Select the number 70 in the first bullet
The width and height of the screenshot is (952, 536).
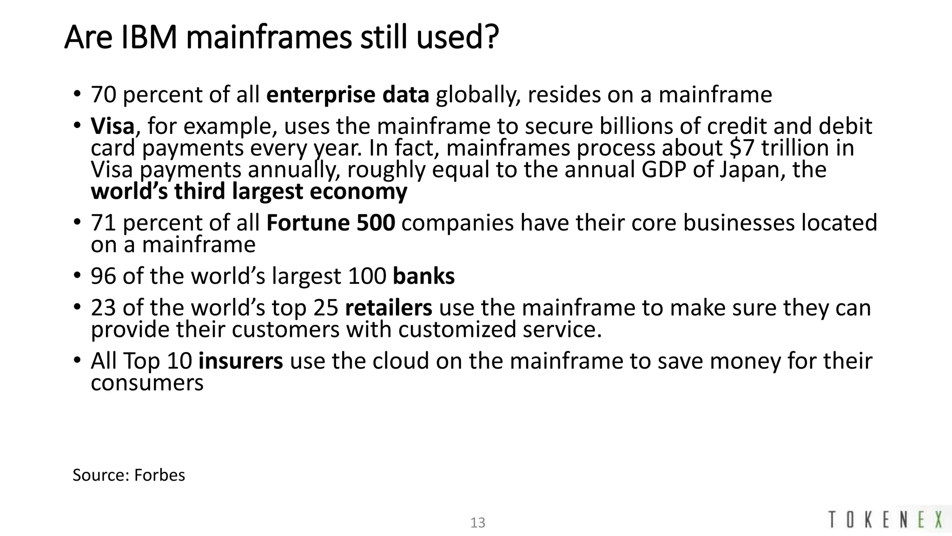point(103,95)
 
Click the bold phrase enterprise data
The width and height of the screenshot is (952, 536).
point(348,95)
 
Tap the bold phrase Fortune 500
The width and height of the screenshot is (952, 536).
point(331,223)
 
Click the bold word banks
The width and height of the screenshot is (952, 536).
point(423,276)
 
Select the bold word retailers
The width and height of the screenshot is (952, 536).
point(389,308)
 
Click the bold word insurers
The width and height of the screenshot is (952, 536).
point(240,361)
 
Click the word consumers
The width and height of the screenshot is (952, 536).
point(147,383)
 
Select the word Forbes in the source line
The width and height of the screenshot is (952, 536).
point(159,475)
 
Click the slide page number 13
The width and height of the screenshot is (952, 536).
point(478,523)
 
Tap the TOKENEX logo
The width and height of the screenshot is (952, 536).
point(886,519)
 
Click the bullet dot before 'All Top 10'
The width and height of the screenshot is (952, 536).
point(77,360)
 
